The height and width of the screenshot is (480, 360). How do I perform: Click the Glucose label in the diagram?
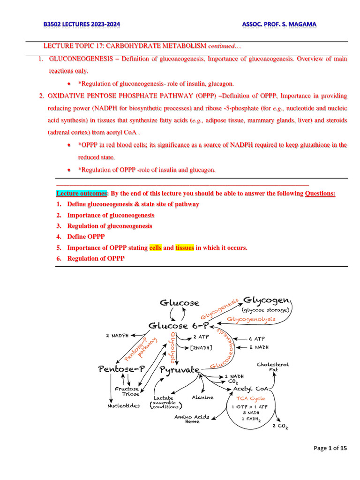pyautogui.click(x=180, y=303)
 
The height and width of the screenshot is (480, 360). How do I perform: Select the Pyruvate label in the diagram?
pyautogui.click(x=180, y=370)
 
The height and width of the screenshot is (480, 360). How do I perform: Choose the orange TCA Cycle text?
pyautogui.click(x=250, y=398)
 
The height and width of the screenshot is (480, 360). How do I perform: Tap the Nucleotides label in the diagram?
pyautogui.click(x=123, y=405)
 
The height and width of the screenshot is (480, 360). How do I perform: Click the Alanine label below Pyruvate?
pyautogui.click(x=202, y=397)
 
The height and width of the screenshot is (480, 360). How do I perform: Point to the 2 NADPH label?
pyautogui.click(x=115, y=335)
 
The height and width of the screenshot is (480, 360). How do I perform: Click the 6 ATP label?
pyautogui.click(x=256, y=338)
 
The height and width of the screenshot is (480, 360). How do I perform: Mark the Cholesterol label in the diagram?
pyautogui.click(x=273, y=364)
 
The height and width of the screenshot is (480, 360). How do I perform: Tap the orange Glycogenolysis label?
pyautogui.click(x=251, y=319)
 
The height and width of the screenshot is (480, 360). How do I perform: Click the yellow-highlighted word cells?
pyautogui.click(x=155, y=247)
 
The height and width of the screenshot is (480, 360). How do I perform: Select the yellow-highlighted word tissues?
pyautogui.click(x=185, y=247)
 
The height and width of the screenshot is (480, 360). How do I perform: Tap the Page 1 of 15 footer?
pyautogui.click(x=330, y=449)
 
